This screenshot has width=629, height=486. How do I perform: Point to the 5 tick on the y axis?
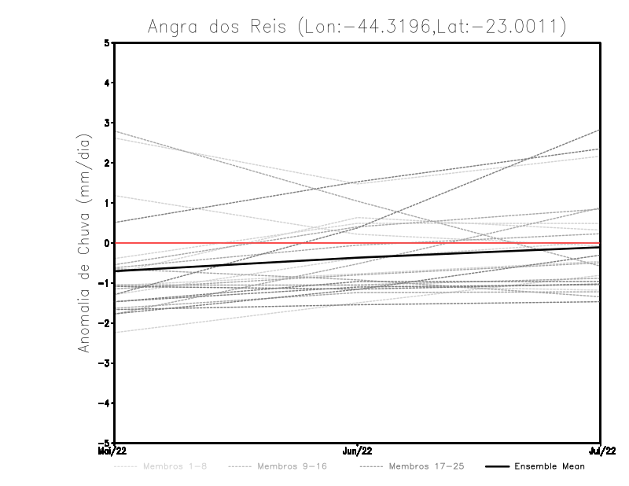click(107, 43)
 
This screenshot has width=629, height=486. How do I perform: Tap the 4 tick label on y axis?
click(107, 83)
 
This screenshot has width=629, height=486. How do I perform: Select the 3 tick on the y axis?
click(107, 123)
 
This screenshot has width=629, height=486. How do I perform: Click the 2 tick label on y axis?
click(107, 163)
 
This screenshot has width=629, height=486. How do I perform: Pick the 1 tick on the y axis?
click(107, 203)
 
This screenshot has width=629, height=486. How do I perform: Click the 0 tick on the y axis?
click(107, 243)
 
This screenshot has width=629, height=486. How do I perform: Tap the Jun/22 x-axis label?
click(358, 451)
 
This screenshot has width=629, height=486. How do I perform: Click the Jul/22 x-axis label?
click(601, 451)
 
